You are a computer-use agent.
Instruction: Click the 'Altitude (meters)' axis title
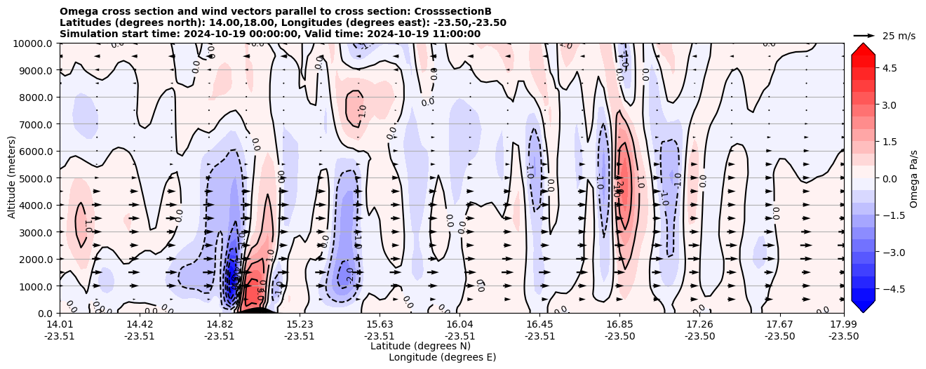point(12,178)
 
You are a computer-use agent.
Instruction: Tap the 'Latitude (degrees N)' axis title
point(420,346)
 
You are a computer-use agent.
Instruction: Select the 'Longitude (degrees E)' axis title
point(442,357)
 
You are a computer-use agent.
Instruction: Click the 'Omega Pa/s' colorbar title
point(913,178)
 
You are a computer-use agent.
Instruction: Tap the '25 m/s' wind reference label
point(899,36)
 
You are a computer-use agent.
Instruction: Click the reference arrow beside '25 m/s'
point(864,35)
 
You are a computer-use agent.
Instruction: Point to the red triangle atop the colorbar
point(863,48)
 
